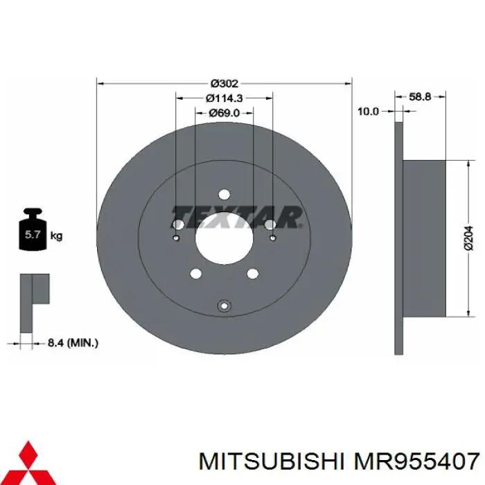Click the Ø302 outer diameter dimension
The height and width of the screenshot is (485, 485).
coord(224,83)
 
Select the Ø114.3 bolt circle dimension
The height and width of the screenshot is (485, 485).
coord(224,98)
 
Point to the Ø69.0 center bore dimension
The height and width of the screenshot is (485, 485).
coord(224,112)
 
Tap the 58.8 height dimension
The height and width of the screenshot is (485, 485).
coord(420,97)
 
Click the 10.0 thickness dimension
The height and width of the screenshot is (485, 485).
coord(368,111)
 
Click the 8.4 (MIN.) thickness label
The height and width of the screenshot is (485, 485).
coord(73,342)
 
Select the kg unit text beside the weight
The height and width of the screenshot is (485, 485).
coord(57,236)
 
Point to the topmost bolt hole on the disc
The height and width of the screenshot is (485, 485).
coord(224,195)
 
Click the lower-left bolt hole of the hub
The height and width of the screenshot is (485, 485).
coord(195,274)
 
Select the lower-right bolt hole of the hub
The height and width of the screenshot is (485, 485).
coord(252,274)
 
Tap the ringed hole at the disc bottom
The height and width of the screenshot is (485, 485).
coord(224,306)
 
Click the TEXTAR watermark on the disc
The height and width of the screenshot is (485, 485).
coord(236,217)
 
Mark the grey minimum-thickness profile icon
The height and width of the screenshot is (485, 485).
coord(33,301)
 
